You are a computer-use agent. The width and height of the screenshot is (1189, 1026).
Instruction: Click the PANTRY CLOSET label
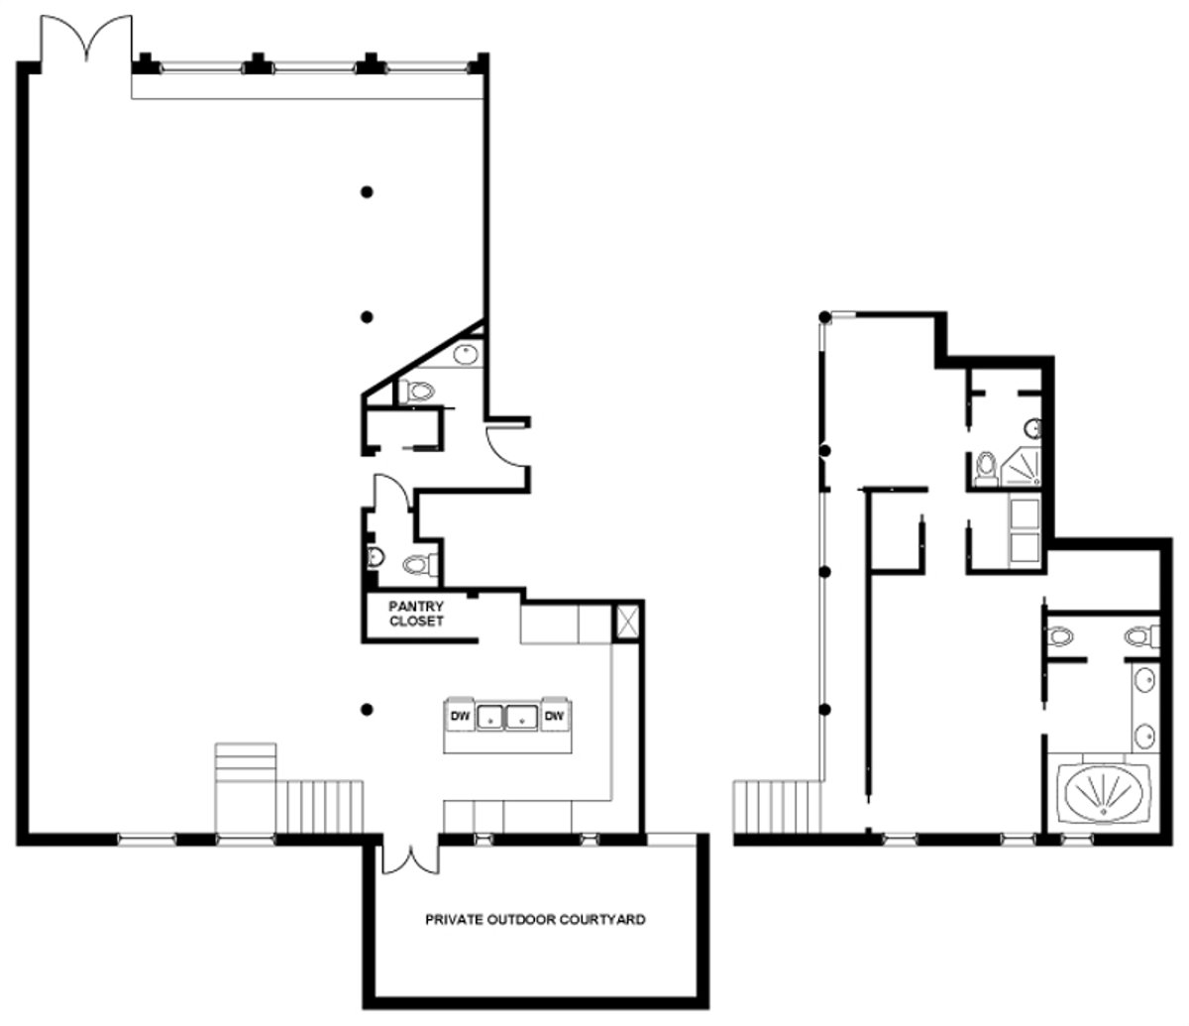click(x=415, y=614)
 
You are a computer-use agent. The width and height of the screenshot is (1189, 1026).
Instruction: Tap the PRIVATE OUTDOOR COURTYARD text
click(x=535, y=920)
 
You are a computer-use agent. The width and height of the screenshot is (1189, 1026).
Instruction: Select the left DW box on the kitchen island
click(x=460, y=716)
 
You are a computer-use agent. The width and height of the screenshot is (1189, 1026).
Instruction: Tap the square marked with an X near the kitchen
click(x=627, y=624)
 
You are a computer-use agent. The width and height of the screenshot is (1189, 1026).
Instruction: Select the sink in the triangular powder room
click(x=466, y=354)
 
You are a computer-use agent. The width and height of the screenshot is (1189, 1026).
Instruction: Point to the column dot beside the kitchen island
click(x=367, y=709)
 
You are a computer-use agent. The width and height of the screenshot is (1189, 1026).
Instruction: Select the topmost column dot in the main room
click(x=367, y=191)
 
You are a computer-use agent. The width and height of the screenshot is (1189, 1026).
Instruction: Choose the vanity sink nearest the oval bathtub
click(x=1144, y=736)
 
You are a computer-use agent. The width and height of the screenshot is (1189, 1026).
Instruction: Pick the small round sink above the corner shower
click(x=1033, y=429)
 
